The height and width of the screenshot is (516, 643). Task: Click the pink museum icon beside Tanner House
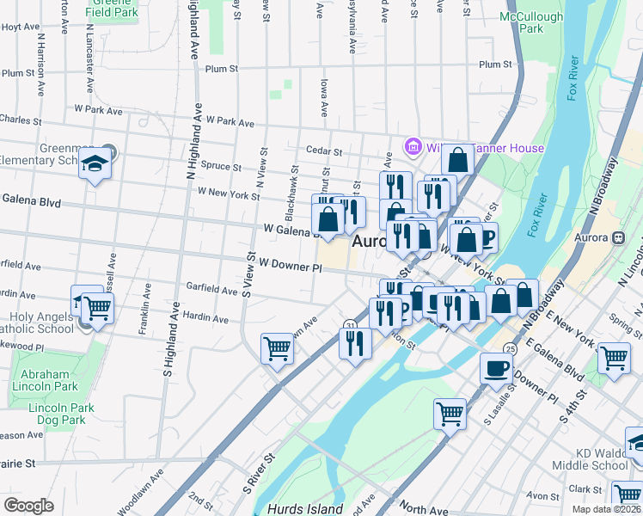pyautogui.click(x=413, y=147)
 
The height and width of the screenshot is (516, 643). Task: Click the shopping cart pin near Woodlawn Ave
pyautogui.click(x=277, y=348)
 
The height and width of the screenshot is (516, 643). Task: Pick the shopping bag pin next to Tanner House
pyautogui.click(x=458, y=159)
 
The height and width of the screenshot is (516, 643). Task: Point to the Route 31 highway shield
pyautogui.click(x=351, y=323)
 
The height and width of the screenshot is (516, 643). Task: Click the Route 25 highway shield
pyautogui.click(x=510, y=348)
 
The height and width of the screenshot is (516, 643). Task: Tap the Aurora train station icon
pyautogui.click(x=617, y=238)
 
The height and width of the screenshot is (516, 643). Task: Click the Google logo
pyautogui.click(x=29, y=506)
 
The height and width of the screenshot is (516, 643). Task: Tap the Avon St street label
pyautogui.click(x=543, y=496)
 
